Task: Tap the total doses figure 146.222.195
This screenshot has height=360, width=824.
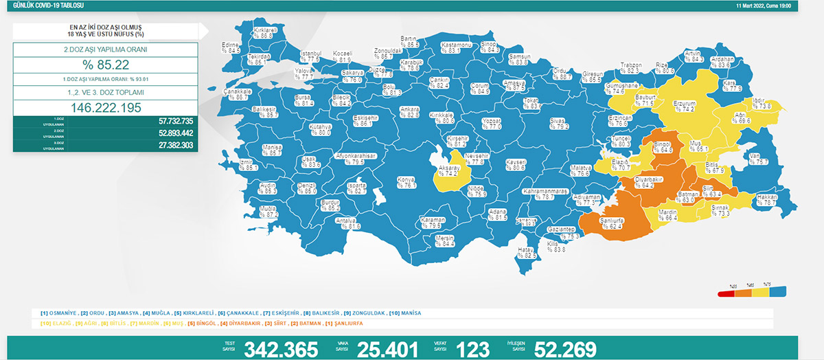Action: [x=105, y=108]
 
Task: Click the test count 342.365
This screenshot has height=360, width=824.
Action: [x=281, y=349]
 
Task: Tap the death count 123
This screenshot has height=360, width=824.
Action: [x=474, y=349]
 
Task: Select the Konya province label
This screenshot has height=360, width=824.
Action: [x=407, y=182]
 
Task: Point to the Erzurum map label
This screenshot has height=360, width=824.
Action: [x=683, y=105]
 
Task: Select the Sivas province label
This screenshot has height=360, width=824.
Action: [x=557, y=123]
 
